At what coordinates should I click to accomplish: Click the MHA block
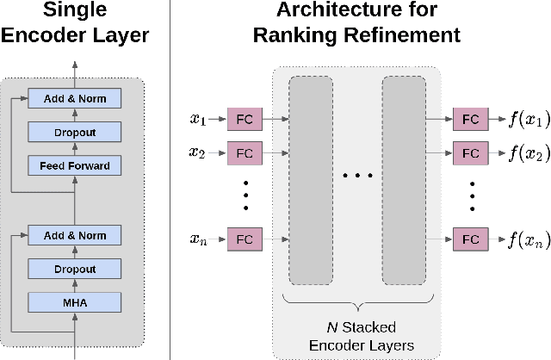75,301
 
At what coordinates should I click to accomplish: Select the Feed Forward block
75,164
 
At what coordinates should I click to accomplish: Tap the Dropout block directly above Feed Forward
75,131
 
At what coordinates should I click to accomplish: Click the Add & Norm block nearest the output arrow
75,98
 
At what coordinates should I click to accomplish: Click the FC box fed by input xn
245,239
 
